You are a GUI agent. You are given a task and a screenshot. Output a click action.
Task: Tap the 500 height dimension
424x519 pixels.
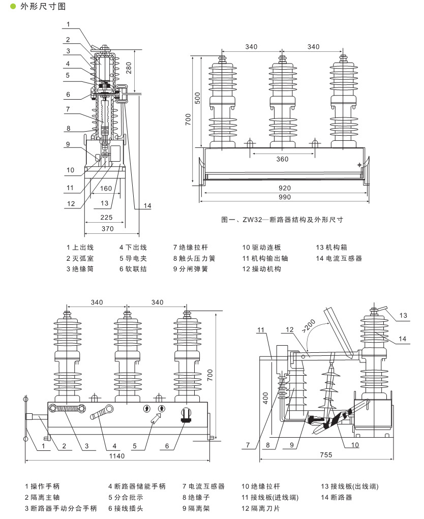[198, 100]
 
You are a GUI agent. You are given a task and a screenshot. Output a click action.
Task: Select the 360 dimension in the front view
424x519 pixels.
[282, 159]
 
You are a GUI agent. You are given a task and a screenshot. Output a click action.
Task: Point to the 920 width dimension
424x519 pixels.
[284, 188]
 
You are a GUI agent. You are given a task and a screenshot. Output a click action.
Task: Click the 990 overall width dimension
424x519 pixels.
[284, 197]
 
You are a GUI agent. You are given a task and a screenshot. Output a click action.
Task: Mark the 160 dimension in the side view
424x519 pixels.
[105, 189]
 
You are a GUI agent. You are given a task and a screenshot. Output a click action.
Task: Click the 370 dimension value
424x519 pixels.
[107, 229]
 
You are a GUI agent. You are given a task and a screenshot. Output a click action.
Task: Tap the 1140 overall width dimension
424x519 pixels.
[117, 456]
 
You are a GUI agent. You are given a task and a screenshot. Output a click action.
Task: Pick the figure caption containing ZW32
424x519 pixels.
[282, 220]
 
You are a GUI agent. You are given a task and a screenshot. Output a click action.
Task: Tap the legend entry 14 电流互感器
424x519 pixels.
[339, 258]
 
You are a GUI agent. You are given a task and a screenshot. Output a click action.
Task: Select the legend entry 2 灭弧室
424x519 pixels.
[80, 258]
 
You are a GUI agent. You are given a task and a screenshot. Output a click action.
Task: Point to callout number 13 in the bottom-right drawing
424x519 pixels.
[403, 316]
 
